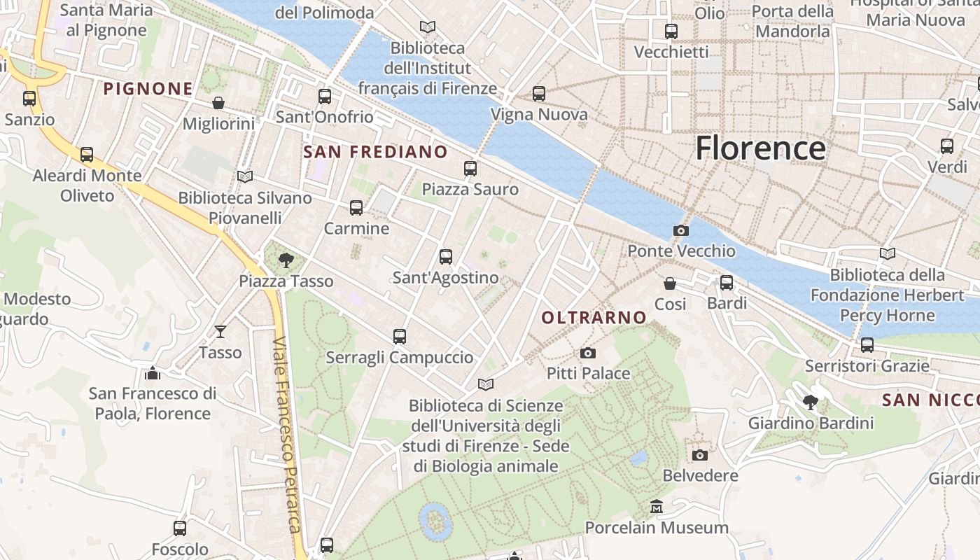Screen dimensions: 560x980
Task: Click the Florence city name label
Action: (x=760, y=148)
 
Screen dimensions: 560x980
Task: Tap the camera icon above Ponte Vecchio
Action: (x=680, y=230)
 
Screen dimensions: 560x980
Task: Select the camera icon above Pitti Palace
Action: (x=588, y=353)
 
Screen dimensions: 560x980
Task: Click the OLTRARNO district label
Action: (x=594, y=317)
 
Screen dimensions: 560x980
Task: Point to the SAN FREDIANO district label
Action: (x=376, y=152)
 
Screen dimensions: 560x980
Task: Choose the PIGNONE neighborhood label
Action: (x=148, y=89)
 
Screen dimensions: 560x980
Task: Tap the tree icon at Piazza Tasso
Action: (x=286, y=260)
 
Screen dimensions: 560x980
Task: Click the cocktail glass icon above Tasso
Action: (x=220, y=332)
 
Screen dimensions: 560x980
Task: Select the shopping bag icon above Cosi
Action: (x=670, y=283)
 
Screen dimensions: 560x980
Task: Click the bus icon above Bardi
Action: (x=727, y=283)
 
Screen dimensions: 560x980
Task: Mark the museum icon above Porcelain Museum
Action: (x=657, y=506)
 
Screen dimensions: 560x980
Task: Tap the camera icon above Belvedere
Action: (x=699, y=455)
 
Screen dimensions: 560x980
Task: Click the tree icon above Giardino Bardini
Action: (x=811, y=402)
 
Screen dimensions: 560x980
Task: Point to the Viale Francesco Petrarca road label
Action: (x=288, y=434)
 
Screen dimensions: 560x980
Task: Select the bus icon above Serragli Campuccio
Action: (x=400, y=337)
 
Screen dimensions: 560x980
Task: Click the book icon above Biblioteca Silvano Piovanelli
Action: (x=244, y=176)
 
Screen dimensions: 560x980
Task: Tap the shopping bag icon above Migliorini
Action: (x=218, y=103)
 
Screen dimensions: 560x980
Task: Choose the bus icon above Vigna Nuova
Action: (x=538, y=93)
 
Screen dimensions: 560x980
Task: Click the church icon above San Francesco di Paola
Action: (x=153, y=373)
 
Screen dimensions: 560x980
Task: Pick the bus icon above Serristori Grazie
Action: (x=867, y=344)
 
